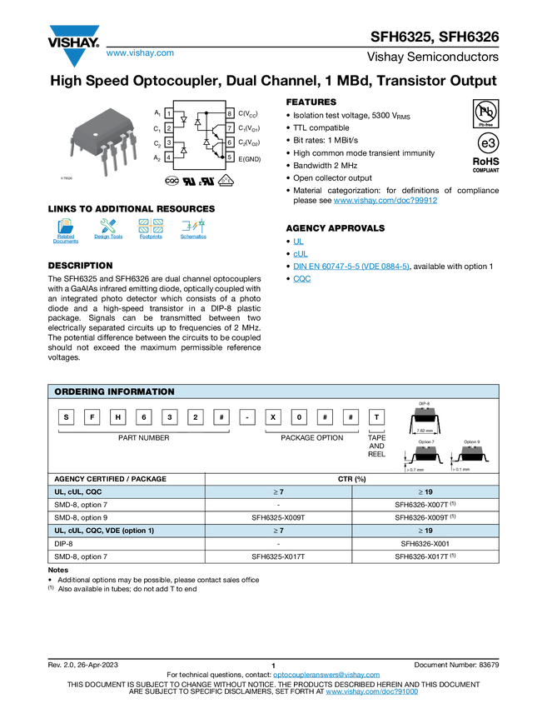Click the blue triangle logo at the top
point(74,57)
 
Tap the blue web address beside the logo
point(140,53)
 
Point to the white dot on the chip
point(95,134)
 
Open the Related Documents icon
point(66,231)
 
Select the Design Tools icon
point(108,231)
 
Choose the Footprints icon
point(151,231)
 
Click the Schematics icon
point(193,231)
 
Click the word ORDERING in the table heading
point(80,391)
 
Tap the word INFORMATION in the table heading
point(142,391)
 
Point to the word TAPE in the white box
point(376,437)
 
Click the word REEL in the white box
point(376,455)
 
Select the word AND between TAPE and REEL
point(376,446)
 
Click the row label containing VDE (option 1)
point(104,531)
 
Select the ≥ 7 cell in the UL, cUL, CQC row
point(278,492)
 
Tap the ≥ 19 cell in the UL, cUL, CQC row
point(425,492)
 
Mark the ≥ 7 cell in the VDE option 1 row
point(278,531)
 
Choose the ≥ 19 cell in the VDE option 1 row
point(425,531)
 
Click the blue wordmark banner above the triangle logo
point(75,31)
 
